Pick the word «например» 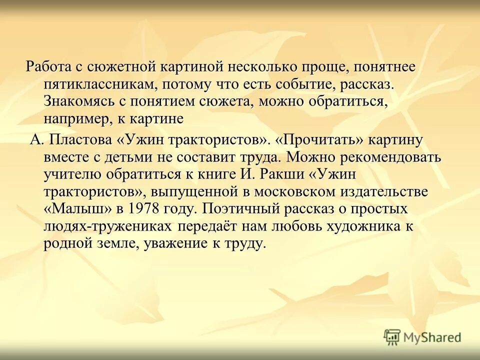click(x=73, y=119)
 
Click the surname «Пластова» click(x=84, y=140)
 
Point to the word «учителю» click(x=70, y=174)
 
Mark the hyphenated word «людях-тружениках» click(x=108, y=226)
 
